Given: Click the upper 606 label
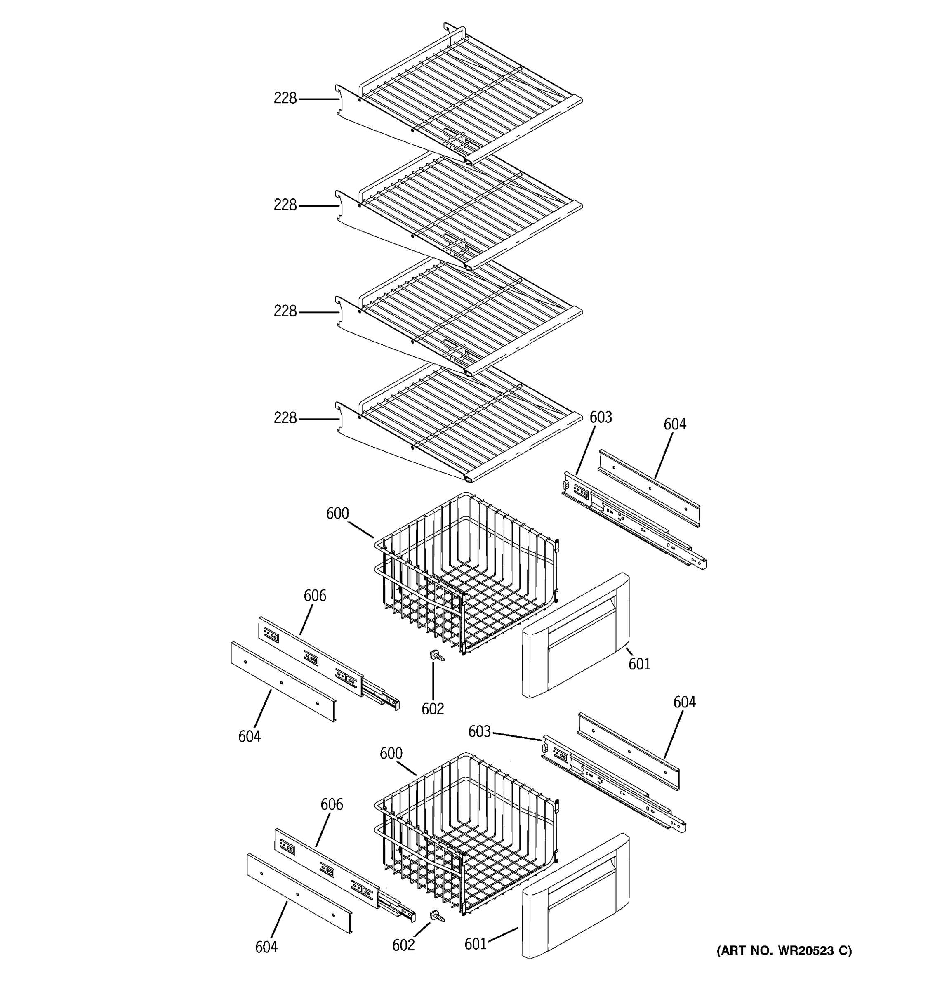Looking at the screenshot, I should tap(315, 595).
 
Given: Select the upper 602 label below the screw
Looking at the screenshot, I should tap(433, 709).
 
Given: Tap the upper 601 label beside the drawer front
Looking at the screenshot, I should tap(639, 664).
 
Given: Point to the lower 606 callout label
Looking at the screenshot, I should tap(332, 804).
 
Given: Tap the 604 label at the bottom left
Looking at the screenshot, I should tap(266, 947).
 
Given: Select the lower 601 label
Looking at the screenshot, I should tap(476, 944).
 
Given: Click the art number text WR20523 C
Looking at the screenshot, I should tap(784, 951).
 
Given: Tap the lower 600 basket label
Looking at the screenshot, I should tap(391, 754).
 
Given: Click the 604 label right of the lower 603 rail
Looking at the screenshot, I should tap(685, 702).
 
